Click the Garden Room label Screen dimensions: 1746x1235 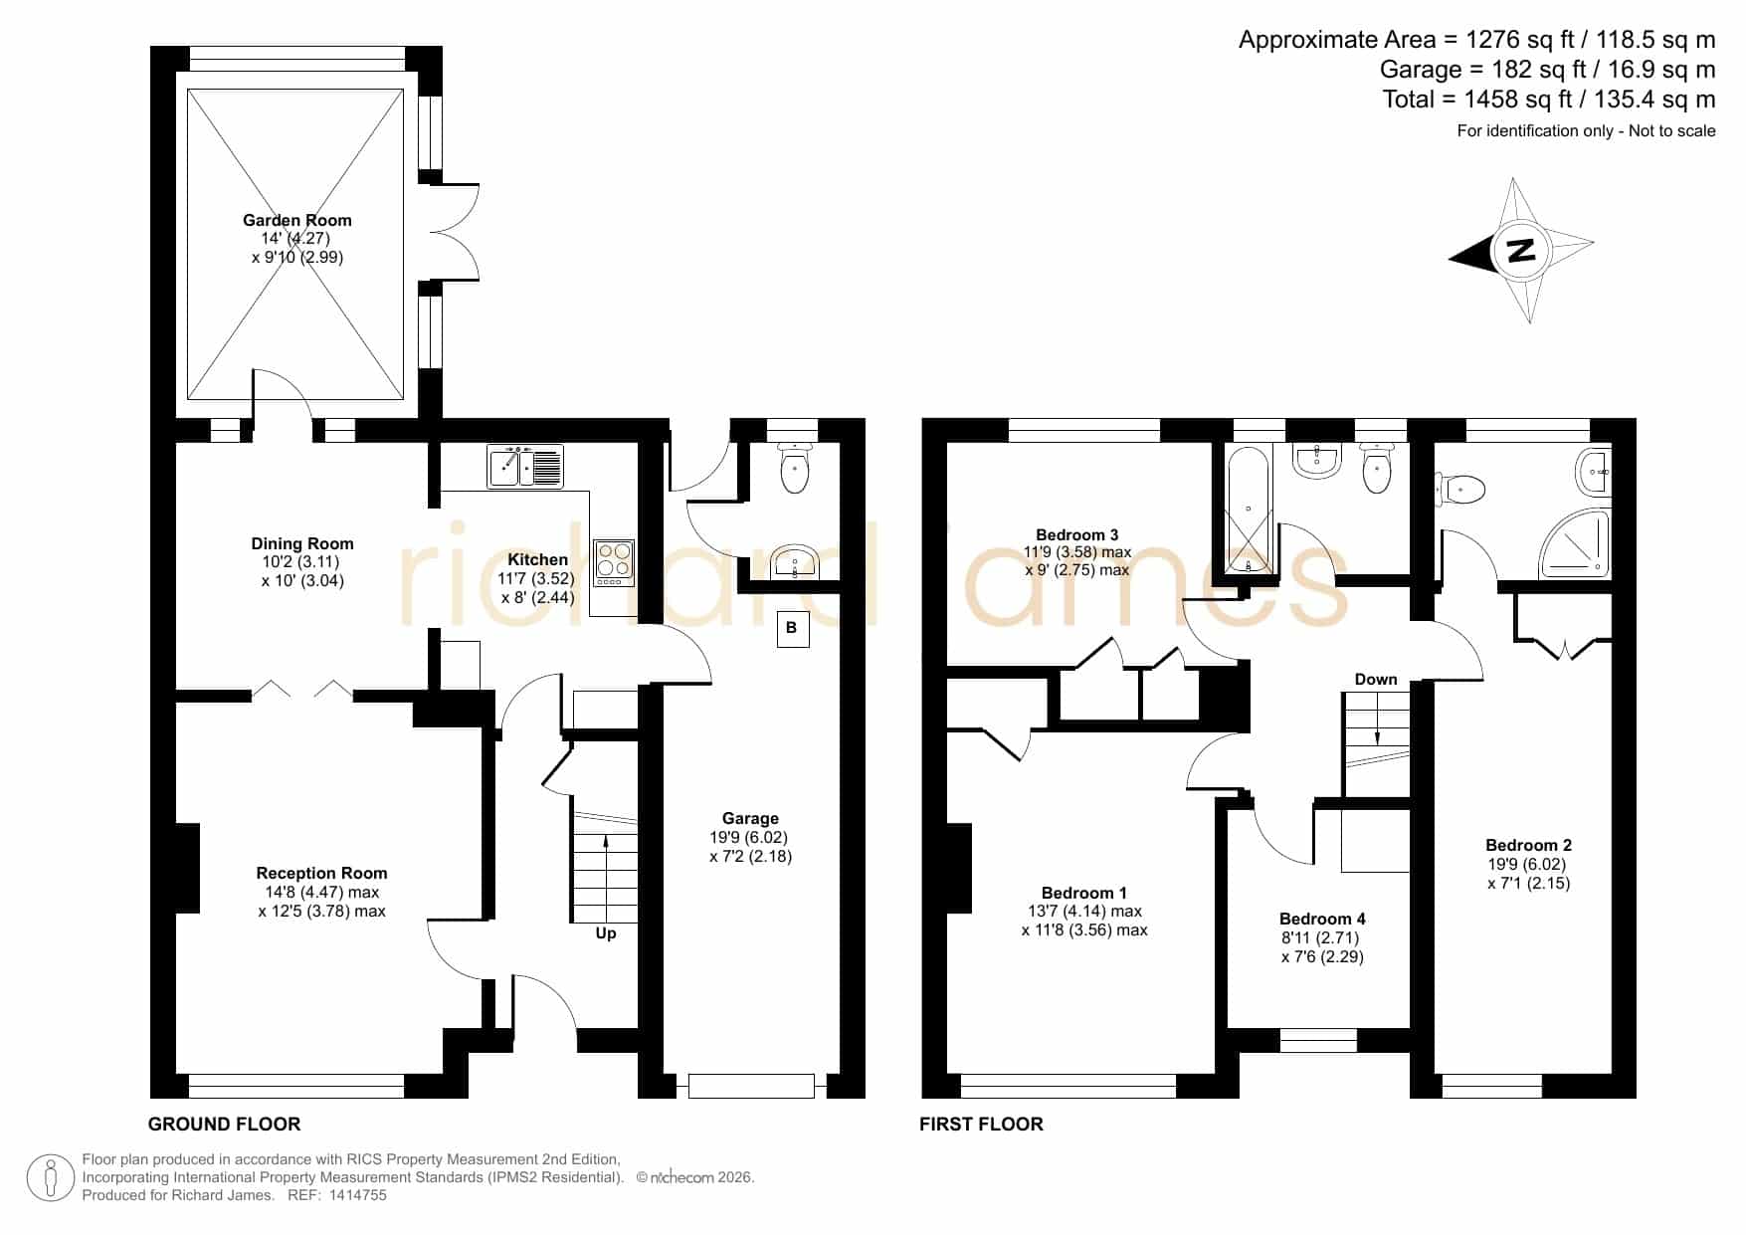(x=297, y=220)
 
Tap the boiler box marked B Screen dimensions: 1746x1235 (x=792, y=628)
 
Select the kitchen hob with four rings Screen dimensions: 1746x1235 (x=613, y=562)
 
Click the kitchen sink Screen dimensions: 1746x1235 (x=525, y=467)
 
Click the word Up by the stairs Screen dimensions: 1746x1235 (x=605, y=933)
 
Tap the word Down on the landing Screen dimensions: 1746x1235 (x=1376, y=679)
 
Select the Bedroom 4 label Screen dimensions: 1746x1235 (x=1322, y=919)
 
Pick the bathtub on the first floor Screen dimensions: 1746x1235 (x=1249, y=510)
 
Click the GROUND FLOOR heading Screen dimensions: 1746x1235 (x=224, y=1125)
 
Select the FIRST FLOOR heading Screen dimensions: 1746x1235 (x=981, y=1125)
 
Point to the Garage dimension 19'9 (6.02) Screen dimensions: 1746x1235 (x=750, y=838)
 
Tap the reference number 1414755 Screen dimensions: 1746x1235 (x=357, y=1195)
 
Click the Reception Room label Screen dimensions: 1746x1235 (x=321, y=873)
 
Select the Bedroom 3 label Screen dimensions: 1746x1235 (x=1077, y=534)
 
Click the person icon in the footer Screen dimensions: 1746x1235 (x=50, y=1178)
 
